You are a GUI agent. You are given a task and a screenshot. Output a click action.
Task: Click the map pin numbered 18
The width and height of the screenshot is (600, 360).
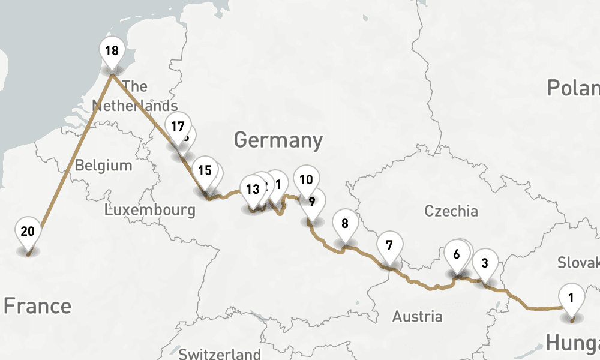click(x=112, y=51)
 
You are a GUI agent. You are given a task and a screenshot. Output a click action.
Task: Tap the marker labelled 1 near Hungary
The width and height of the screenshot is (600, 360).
click(x=571, y=298)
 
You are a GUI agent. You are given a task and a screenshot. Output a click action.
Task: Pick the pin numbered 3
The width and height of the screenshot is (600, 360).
click(x=485, y=262)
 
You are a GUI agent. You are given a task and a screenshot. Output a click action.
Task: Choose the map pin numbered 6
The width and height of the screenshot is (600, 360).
click(x=457, y=254)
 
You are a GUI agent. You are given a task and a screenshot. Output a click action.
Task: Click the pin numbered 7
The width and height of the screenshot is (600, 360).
click(x=389, y=245)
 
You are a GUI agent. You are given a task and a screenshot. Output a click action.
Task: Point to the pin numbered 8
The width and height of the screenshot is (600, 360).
click(x=344, y=224)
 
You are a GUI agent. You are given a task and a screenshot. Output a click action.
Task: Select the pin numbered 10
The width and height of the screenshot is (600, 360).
click(x=306, y=179)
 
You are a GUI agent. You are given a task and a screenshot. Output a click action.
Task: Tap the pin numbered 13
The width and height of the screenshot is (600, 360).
click(x=253, y=190)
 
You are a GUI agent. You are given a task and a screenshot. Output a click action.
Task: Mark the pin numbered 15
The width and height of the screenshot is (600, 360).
click(x=205, y=170)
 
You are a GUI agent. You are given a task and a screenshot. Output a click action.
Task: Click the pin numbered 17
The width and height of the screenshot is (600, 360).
click(x=177, y=127)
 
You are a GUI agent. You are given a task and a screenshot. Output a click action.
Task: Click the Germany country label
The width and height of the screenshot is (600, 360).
click(x=278, y=140)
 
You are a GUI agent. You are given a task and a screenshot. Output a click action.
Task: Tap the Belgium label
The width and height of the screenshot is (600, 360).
click(x=103, y=165)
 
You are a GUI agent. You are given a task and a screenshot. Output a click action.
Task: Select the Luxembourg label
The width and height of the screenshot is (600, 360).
click(x=149, y=210)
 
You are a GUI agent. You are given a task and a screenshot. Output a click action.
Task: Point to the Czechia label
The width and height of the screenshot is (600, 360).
click(x=451, y=211)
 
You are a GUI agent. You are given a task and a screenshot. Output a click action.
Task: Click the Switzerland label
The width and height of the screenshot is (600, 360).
click(x=220, y=353)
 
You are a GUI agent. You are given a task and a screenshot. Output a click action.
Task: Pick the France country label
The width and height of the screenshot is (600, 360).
click(x=37, y=306)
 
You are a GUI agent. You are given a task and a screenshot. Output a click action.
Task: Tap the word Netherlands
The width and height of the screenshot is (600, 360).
click(x=135, y=106)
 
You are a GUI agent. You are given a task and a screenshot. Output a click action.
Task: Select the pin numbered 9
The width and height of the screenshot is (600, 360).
click(x=312, y=202)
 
